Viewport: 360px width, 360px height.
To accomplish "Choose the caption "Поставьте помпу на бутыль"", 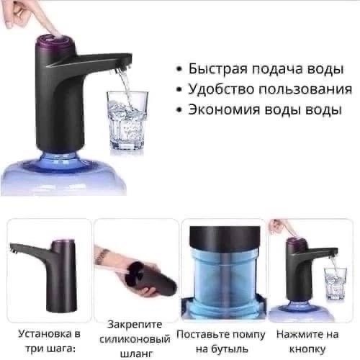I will click(221, 342).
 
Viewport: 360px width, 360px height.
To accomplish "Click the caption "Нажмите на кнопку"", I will click(308, 342).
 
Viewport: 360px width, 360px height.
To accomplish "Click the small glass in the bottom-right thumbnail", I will click(334, 283).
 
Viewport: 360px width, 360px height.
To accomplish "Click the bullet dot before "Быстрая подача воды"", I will click(179, 71).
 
